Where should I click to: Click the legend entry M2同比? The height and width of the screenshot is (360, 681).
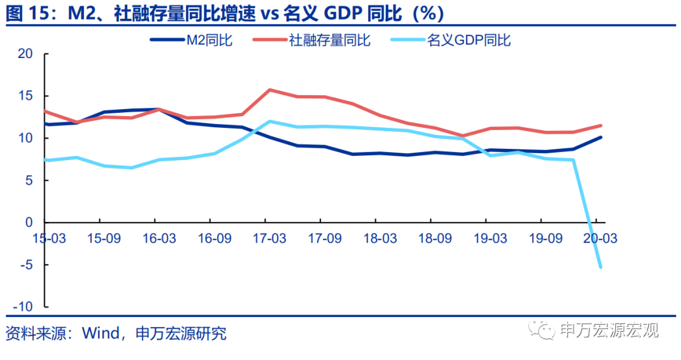[192, 40]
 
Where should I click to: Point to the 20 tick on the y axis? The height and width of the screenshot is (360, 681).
[25, 54]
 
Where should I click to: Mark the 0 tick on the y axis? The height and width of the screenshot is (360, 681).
[29, 223]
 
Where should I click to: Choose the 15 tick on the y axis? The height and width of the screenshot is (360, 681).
[25, 96]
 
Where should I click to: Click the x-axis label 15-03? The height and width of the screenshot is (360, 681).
[48, 238]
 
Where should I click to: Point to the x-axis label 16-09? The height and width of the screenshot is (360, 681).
[212, 238]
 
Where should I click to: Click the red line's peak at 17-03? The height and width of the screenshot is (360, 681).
[270, 90]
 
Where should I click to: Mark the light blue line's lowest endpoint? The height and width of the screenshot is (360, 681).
[600, 267]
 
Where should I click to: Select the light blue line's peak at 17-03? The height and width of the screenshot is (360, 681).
[270, 121]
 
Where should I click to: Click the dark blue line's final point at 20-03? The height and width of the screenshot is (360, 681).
[600, 137]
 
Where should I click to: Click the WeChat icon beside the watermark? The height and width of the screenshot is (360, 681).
[542, 330]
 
